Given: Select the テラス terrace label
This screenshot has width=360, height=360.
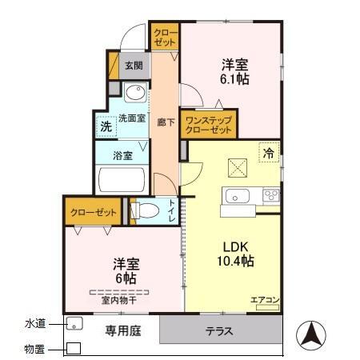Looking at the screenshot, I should point(219,330).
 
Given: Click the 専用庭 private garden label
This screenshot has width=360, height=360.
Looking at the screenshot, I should point(124,330).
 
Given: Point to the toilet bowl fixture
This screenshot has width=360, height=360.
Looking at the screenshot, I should point(145,211).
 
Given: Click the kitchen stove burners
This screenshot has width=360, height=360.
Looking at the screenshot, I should point(270,195).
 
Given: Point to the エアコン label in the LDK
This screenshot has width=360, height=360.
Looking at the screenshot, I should point(265,300).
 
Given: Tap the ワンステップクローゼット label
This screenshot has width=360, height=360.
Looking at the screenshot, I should point(208,123).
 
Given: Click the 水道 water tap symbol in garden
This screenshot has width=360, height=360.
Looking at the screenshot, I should point(74,324).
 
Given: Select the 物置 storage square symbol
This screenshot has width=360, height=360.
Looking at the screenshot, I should point(73,349).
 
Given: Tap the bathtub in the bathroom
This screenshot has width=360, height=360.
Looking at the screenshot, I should point(121,180).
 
